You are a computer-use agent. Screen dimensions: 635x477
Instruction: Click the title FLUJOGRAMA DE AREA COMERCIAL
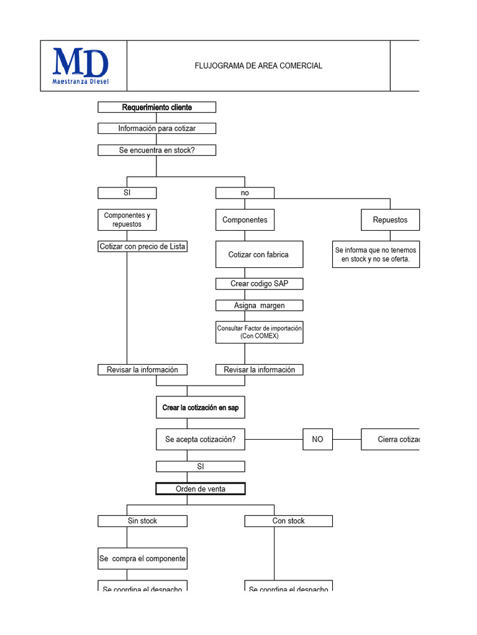[258, 66]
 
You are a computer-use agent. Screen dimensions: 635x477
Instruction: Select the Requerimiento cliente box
[157, 107]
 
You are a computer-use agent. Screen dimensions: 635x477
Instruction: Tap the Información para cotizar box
[157, 128]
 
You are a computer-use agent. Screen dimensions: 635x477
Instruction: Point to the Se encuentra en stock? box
[157, 150]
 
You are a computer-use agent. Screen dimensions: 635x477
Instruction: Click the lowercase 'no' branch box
[245, 193]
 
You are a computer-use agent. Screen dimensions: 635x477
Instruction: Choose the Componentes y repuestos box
[127, 220]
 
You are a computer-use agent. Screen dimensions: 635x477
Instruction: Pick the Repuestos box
[390, 220]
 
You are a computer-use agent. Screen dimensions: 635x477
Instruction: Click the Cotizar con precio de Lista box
[142, 246]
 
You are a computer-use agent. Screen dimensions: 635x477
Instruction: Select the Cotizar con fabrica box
[259, 254]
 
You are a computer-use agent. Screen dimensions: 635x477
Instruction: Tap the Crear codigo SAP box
[259, 283]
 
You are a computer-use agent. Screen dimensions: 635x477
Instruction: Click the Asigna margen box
[259, 305]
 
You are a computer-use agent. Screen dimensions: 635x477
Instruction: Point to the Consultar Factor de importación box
[259, 332]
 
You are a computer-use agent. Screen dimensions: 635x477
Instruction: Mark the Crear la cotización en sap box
[200, 407]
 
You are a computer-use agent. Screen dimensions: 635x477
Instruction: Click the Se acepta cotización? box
[200, 439]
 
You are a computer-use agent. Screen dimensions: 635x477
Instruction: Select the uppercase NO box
[317, 439]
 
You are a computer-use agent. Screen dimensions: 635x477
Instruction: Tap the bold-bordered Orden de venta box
[200, 489]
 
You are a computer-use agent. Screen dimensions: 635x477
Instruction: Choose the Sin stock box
[142, 521]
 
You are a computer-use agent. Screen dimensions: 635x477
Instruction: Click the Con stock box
[288, 521]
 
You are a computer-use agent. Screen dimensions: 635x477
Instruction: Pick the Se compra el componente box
[142, 558]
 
